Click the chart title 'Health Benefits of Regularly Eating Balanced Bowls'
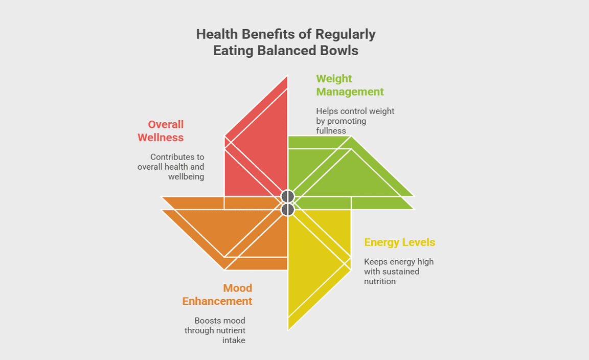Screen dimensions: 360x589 [x=286, y=42]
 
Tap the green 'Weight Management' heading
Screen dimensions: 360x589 [x=350, y=85]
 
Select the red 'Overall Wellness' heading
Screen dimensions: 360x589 [x=161, y=131]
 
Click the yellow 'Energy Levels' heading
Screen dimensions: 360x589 [x=399, y=242]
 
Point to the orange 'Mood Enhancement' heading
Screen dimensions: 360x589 [x=217, y=295]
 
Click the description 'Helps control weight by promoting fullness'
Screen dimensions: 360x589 [x=355, y=121]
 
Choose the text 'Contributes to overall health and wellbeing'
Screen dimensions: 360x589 [x=171, y=167]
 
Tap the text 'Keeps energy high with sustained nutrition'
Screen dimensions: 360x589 [x=398, y=271]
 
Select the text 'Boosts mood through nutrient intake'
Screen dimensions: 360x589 [x=215, y=330]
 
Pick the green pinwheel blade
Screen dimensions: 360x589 [x=348, y=174]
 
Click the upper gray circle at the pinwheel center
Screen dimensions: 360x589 [x=288, y=196]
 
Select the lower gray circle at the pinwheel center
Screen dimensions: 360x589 [x=288, y=209]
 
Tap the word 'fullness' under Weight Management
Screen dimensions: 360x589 [x=331, y=131]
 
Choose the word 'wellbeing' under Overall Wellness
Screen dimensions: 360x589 [x=186, y=177]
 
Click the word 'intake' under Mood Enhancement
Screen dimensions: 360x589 [x=234, y=340]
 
